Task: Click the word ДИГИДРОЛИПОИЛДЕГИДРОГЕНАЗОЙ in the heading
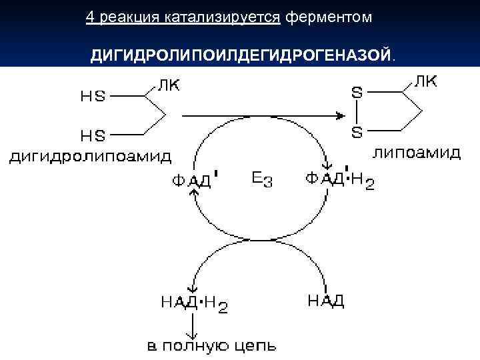click(x=240, y=54)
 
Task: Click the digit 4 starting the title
click(x=89, y=17)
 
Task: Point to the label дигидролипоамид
click(x=90, y=157)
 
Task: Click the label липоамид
click(x=417, y=153)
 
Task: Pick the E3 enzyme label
click(x=262, y=179)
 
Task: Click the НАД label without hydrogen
click(x=326, y=301)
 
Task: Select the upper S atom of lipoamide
click(x=357, y=94)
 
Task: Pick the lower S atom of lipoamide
click(x=357, y=133)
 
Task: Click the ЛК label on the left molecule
click(x=167, y=85)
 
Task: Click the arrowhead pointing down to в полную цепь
click(x=194, y=335)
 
